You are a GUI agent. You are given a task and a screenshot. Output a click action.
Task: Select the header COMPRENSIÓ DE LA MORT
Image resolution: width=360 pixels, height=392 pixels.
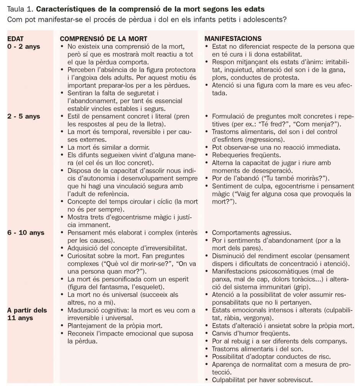click(103, 39)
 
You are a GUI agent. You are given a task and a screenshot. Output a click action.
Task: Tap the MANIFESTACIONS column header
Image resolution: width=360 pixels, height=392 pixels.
click(233, 39)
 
